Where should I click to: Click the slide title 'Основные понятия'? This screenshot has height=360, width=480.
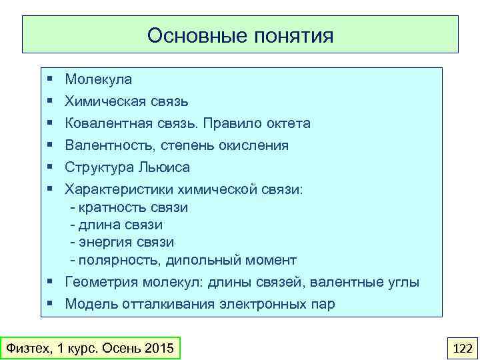(240, 35)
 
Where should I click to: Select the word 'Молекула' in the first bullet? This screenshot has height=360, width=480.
(98, 80)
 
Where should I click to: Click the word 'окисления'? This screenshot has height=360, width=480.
(256, 146)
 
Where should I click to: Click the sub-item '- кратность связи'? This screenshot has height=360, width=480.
(129, 207)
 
